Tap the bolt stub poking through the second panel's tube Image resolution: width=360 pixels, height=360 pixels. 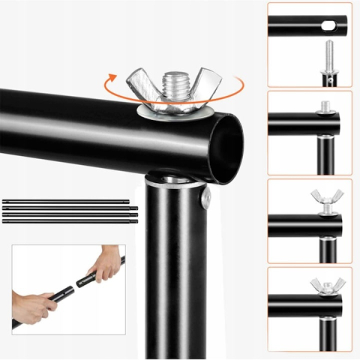[325, 106]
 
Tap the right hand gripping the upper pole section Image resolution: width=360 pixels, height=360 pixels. [105, 264]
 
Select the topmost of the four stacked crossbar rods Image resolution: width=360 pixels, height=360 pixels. [67, 201]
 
